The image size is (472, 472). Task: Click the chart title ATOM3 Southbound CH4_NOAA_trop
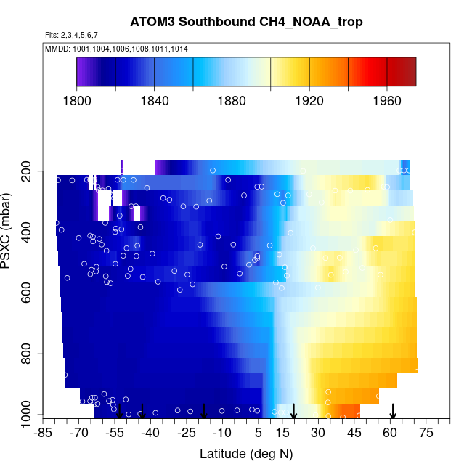pyautogui.click(x=246, y=21)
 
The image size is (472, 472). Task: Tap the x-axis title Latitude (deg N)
pyautogui.click(x=246, y=454)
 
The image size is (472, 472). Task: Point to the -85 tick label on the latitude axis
pyautogui.click(x=43, y=433)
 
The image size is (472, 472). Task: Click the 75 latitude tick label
pyautogui.click(x=426, y=433)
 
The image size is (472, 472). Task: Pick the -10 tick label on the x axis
pyautogui.click(x=222, y=433)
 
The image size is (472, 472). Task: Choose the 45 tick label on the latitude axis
pyautogui.click(x=354, y=433)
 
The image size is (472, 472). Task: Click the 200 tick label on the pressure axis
pyautogui.click(x=29, y=171)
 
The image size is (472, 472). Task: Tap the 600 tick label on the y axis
pyautogui.click(x=29, y=293)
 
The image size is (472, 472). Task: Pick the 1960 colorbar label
pyautogui.click(x=387, y=101)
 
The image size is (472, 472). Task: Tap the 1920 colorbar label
pyautogui.click(x=309, y=101)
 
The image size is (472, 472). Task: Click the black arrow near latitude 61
pyautogui.click(x=393, y=411)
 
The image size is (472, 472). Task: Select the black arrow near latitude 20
pyautogui.click(x=294, y=411)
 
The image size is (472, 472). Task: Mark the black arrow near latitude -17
pyautogui.click(x=204, y=411)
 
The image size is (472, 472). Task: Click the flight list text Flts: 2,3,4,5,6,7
pyautogui.click(x=71, y=35)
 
